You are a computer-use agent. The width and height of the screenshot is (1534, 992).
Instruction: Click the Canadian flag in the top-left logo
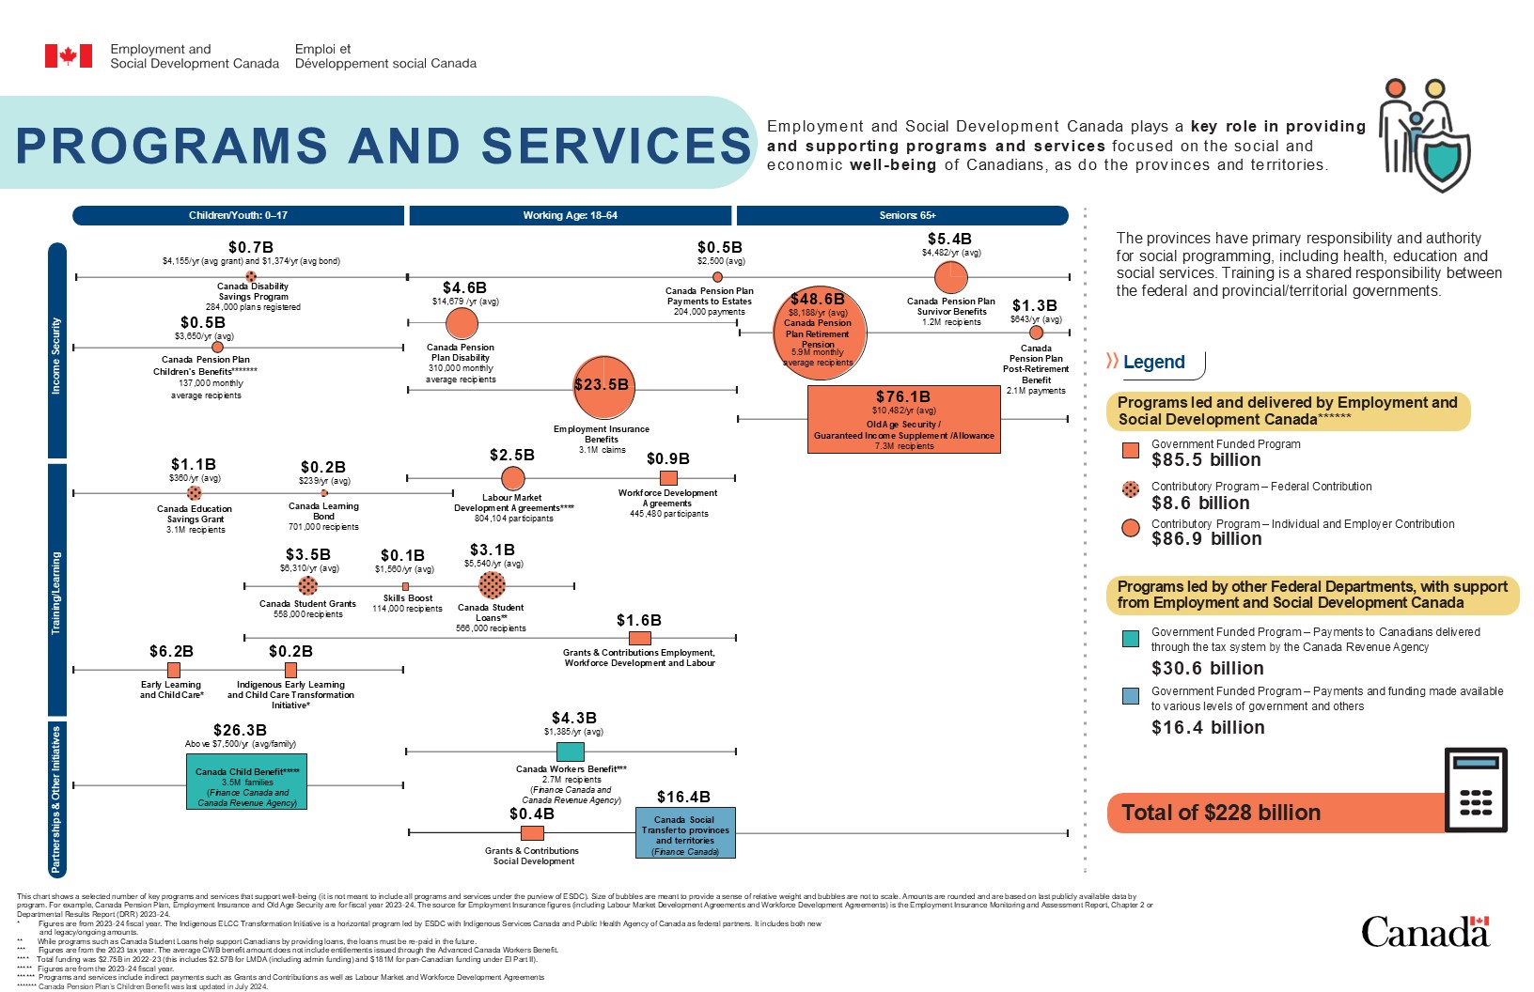point(69,56)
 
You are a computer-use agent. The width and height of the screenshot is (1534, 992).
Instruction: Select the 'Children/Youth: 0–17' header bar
point(238,216)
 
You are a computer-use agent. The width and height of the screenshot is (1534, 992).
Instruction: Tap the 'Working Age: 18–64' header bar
point(570,216)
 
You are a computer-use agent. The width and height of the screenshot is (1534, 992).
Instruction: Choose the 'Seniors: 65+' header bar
point(902,216)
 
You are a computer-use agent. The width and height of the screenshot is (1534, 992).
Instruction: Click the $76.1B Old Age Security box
point(903,419)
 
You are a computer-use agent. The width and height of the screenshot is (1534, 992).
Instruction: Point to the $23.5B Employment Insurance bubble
point(603,386)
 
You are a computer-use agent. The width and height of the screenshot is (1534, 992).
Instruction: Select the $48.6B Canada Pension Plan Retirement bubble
point(819,333)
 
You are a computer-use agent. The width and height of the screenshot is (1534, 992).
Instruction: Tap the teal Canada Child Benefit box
point(247,782)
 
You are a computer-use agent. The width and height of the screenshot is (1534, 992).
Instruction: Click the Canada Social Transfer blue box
point(685,832)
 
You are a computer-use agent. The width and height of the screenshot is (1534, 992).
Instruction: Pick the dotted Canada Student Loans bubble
point(492,585)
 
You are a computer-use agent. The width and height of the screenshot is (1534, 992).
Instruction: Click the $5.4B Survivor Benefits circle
point(951,277)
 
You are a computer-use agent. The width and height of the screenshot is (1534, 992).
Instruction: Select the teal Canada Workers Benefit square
point(570,752)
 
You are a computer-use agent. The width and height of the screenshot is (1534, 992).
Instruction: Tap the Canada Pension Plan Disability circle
point(461,324)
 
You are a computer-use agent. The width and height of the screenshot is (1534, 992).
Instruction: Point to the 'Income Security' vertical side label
point(56,355)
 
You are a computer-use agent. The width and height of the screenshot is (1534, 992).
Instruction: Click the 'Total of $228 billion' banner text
point(1221,813)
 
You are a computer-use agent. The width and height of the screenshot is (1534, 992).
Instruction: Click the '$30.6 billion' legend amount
point(1208,669)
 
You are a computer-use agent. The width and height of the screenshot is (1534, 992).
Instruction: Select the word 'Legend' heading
point(1153,363)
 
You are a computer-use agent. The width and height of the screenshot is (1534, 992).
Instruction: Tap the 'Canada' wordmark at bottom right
point(1425,932)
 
